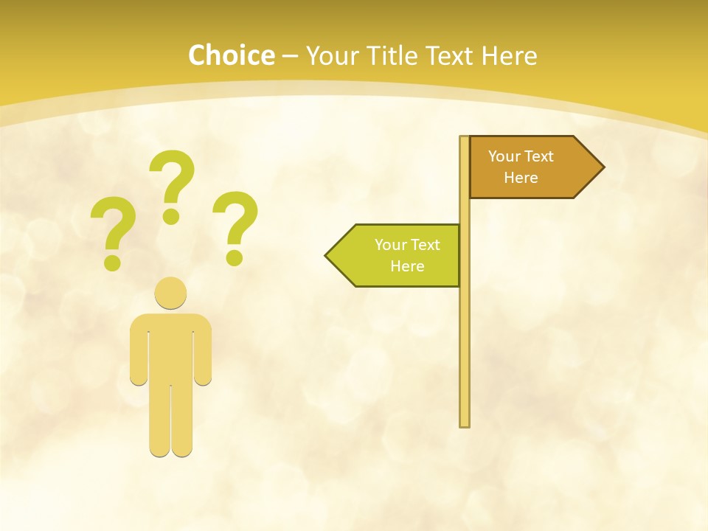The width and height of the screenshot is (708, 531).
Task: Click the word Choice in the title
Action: (x=231, y=55)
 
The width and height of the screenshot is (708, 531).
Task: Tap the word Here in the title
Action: (x=509, y=55)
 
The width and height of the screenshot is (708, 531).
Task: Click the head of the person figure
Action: (x=170, y=293)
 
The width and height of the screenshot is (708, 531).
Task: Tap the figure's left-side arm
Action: (x=138, y=350)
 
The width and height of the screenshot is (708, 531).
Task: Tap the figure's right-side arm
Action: (x=203, y=350)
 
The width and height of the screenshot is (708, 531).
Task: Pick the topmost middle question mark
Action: (x=173, y=177)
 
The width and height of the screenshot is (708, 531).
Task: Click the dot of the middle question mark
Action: (x=171, y=216)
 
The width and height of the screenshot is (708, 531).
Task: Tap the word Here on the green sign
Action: (x=407, y=266)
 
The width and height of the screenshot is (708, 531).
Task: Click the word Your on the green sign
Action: (x=389, y=245)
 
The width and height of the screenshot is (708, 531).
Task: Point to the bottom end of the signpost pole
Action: (x=465, y=423)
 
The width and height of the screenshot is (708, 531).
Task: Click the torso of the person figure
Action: (x=170, y=347)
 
